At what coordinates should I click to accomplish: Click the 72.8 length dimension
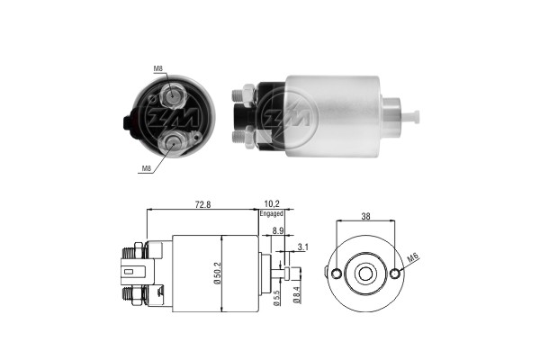pyautogui.click(x=202, y=204)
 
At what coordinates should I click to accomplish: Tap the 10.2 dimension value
pyautogui.click(x=272, y=204)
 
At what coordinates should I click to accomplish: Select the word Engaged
pyautogui.click(x=272, y=213)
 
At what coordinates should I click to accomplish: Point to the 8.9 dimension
pyautogui.click(x=277, y=230)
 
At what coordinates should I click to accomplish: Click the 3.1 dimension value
pyautogui.click(x=303, y=247)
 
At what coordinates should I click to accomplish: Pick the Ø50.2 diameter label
pyautogui.click(x=217, y=274)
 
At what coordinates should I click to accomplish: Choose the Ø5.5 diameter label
pyautogui.click(x=276, y=297)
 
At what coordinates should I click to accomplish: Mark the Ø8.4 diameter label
pyautogui.click(x=297, y=295)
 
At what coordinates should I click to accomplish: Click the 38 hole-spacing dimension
pyautogui.click(x=365, y=216)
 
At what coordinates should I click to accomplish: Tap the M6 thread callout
pyautogui.click(x=412, y=257)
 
